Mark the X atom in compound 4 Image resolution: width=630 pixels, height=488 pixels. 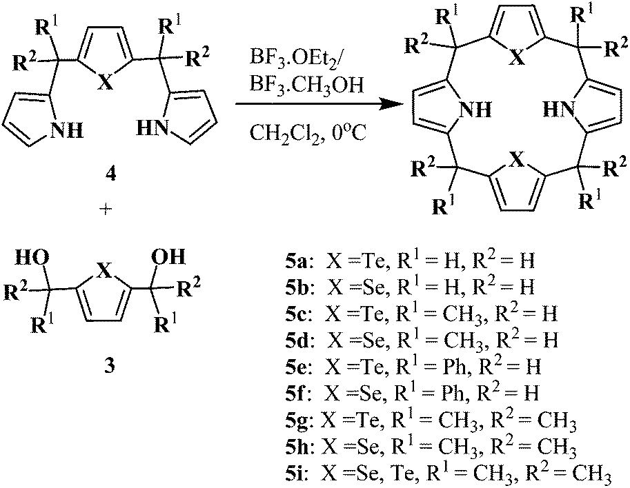pos(105,83)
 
